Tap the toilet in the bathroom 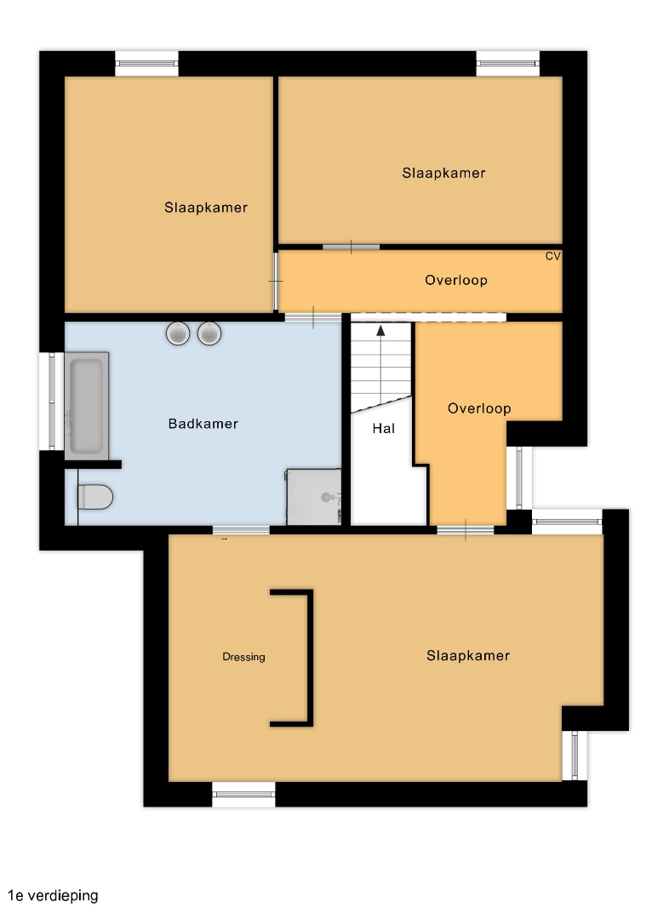click(x=95, y=497)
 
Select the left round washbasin click(x=178, y=334)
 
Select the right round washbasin click(x=209, y=334)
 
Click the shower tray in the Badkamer click(x=314, y=496)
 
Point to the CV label click(x=553, y=256)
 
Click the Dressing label click(x=244, y=657)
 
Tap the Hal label click(x=384, y=428)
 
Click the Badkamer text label click(x=203, y=424)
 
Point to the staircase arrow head click(x=381, y=330)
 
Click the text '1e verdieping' click(x=53, y=895)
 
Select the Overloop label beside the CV click(x=456, y=280)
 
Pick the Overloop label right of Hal click(x=479, y=408)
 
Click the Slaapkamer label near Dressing click(x=468, y=655)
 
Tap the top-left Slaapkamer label click(x=206, y=208)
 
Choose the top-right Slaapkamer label click(x=443, y=173)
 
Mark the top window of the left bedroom click(x=146, y=63)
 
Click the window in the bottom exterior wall click(x=243, y=794)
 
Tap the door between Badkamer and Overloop click(x=313, y=317)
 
